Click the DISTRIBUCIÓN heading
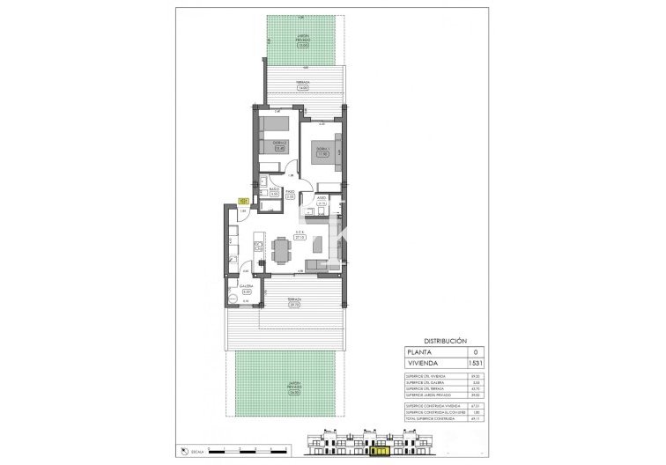445,340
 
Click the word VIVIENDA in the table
421,362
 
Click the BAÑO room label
275,189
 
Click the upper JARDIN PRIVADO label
300,36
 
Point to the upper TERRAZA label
300,85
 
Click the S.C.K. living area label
300,233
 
